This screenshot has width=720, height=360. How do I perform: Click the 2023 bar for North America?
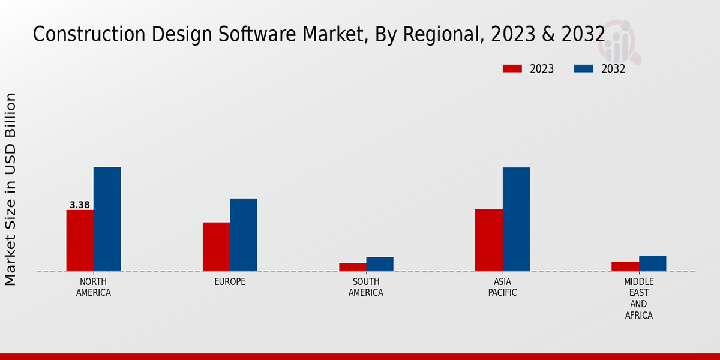80,241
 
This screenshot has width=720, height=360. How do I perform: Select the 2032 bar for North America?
107,219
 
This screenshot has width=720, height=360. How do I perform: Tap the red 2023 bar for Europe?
216,247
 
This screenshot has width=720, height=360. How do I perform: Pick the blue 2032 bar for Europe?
243,235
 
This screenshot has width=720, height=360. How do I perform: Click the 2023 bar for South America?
352,267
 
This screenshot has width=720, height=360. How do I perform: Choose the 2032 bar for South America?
380,264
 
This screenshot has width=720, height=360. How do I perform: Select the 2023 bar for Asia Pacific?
488,240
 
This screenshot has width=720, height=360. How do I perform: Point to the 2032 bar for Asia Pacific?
516,219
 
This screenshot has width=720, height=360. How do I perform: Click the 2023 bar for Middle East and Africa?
625,266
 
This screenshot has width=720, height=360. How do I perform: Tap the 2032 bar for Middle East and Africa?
652,263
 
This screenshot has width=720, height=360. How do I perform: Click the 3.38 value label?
80,205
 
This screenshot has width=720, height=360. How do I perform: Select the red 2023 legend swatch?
512,69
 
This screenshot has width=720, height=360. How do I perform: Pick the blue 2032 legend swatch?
583,69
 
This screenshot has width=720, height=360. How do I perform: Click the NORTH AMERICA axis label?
94,287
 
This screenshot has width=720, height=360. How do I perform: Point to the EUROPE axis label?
230,282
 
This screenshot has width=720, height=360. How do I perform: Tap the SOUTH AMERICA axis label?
366,287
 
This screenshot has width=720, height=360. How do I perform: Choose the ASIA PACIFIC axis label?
502,287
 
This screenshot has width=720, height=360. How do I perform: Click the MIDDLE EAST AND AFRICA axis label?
638,298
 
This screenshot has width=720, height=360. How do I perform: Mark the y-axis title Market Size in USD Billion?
11,189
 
